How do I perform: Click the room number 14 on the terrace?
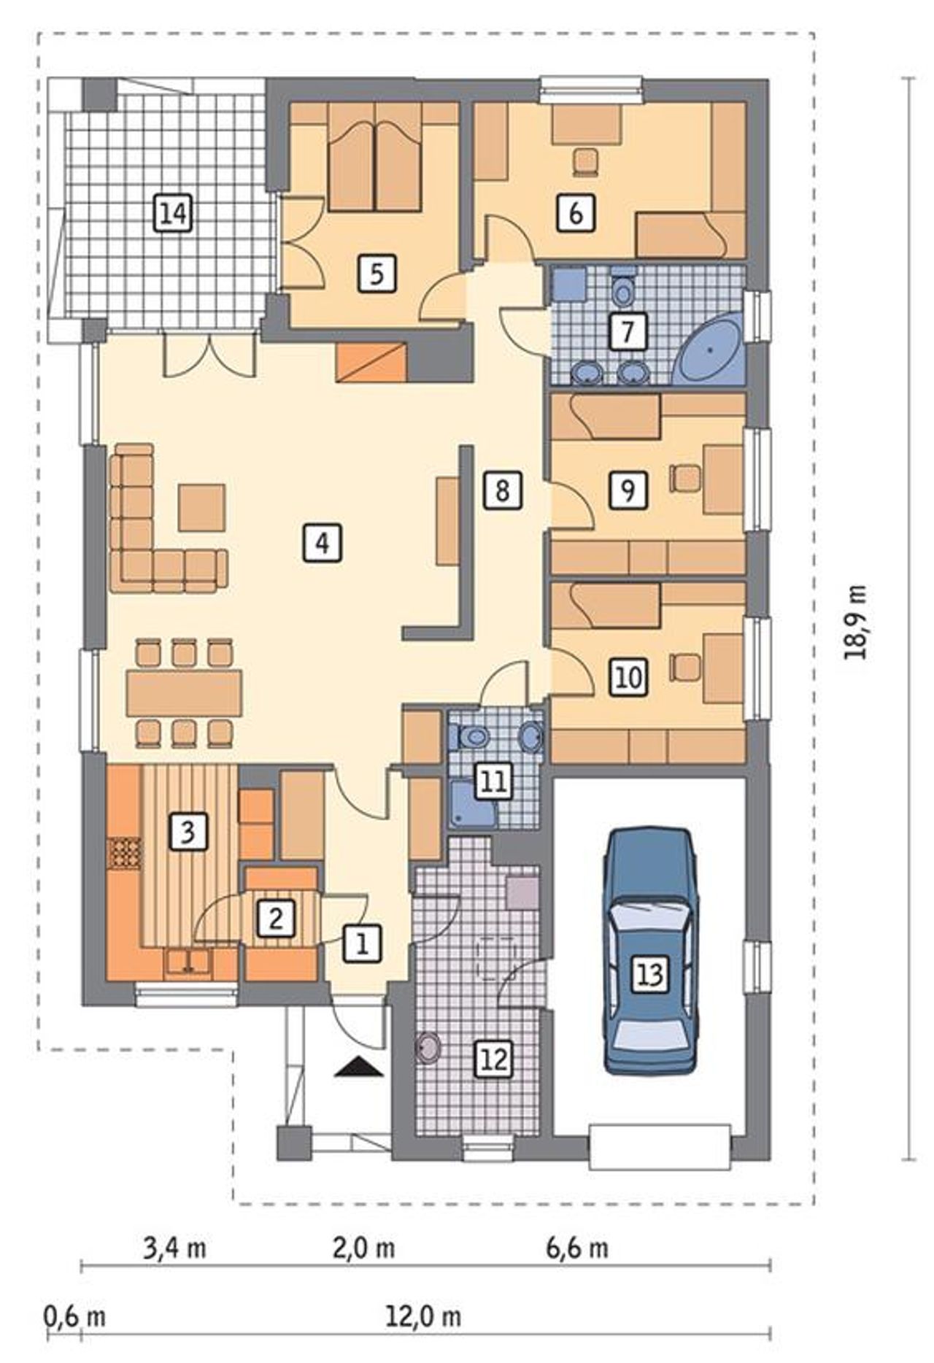pyautogui.click(x=174, y=215)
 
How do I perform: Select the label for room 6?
pyautogui.click(x=575, y=214)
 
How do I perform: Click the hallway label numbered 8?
pyautogui.click(x=502, y=490)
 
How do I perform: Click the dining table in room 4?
pyautogui.click(x=184, y=693)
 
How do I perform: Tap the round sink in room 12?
pyautogui.click(x=429, y=1049)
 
